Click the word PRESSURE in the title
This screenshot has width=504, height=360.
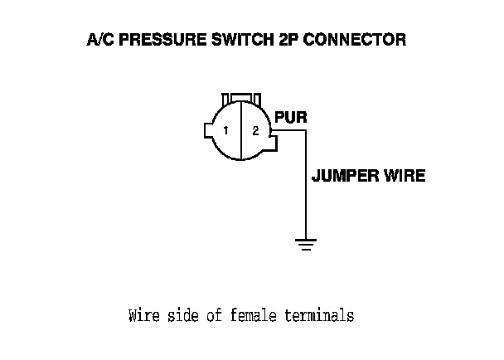(157, 40)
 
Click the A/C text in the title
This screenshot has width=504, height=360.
(101, 40)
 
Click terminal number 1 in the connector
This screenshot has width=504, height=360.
(225, 131)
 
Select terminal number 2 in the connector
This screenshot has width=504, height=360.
(255, 131)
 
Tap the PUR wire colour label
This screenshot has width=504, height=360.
(290, 117)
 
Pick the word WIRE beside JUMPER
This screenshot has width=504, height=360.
(405, 176)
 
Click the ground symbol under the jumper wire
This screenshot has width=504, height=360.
(306, 244)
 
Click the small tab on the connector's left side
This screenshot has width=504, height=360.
(207, 131)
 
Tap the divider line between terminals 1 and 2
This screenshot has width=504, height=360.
(240, 131)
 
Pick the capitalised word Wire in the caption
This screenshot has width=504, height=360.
(143, 316)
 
